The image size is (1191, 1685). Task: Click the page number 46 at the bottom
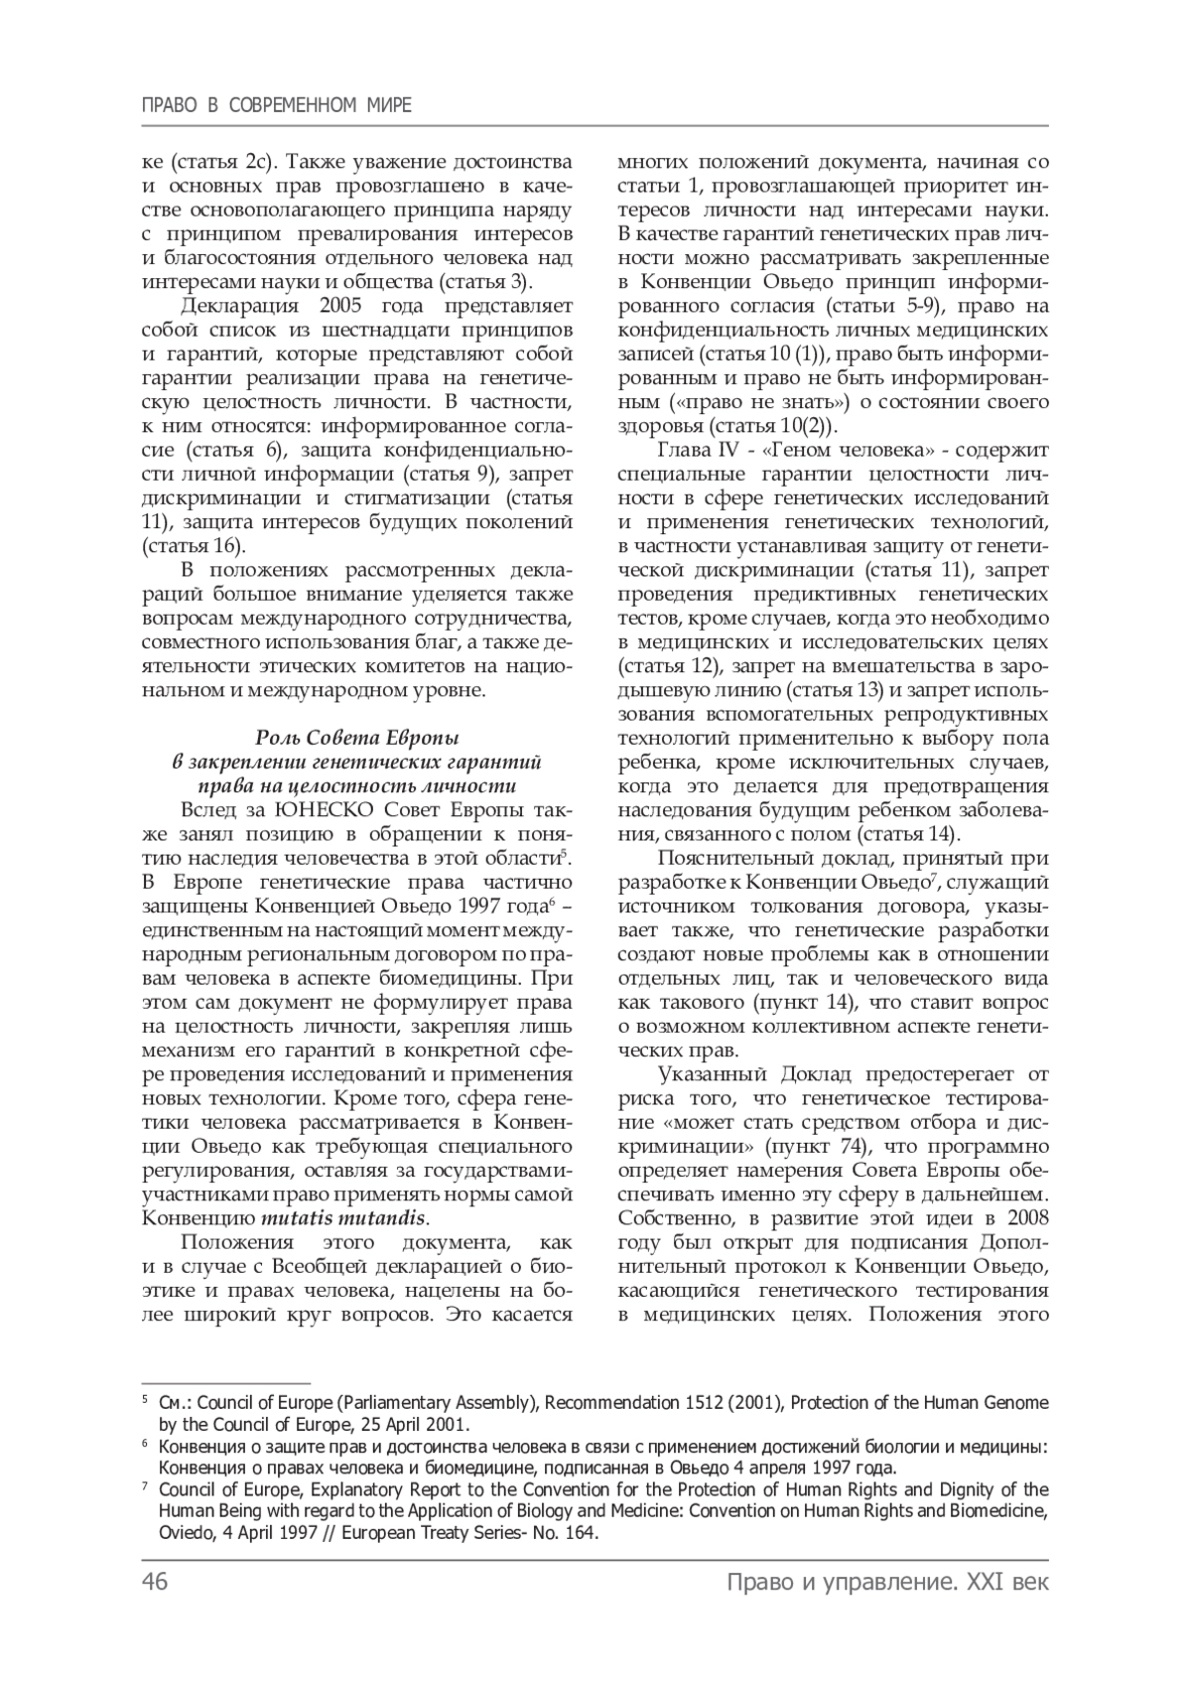[156, 1582]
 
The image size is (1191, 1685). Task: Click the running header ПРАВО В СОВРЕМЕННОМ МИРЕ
[277, 105]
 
